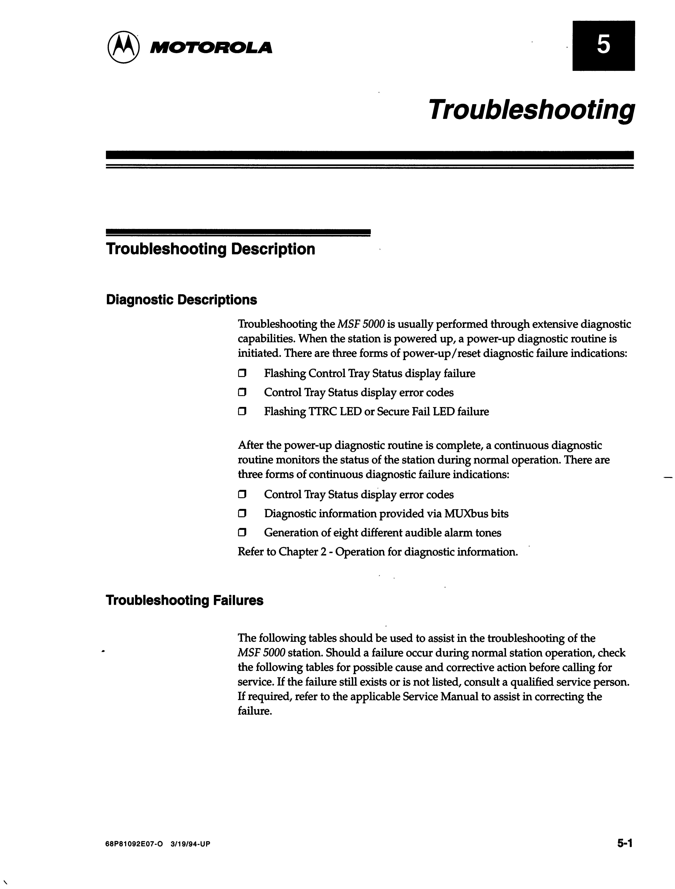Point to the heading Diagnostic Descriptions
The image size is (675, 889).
(181, 300)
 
